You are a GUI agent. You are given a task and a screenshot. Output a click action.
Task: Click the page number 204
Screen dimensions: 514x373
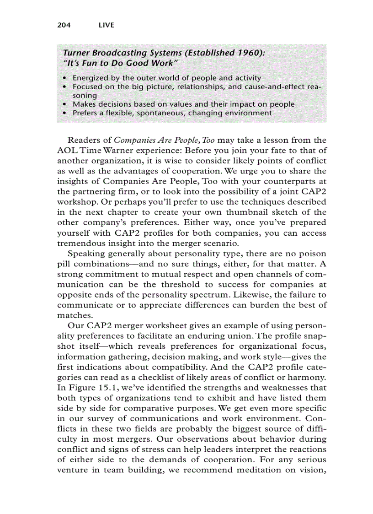[64, 25]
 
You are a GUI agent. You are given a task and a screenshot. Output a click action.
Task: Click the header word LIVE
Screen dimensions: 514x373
[107, 25]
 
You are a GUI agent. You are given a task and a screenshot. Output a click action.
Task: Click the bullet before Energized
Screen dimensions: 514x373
[66, 78]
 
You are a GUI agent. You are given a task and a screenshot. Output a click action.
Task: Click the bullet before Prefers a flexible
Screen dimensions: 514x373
[66, 113]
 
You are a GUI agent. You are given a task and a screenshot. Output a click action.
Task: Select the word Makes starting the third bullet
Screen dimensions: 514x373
[85, 104]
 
